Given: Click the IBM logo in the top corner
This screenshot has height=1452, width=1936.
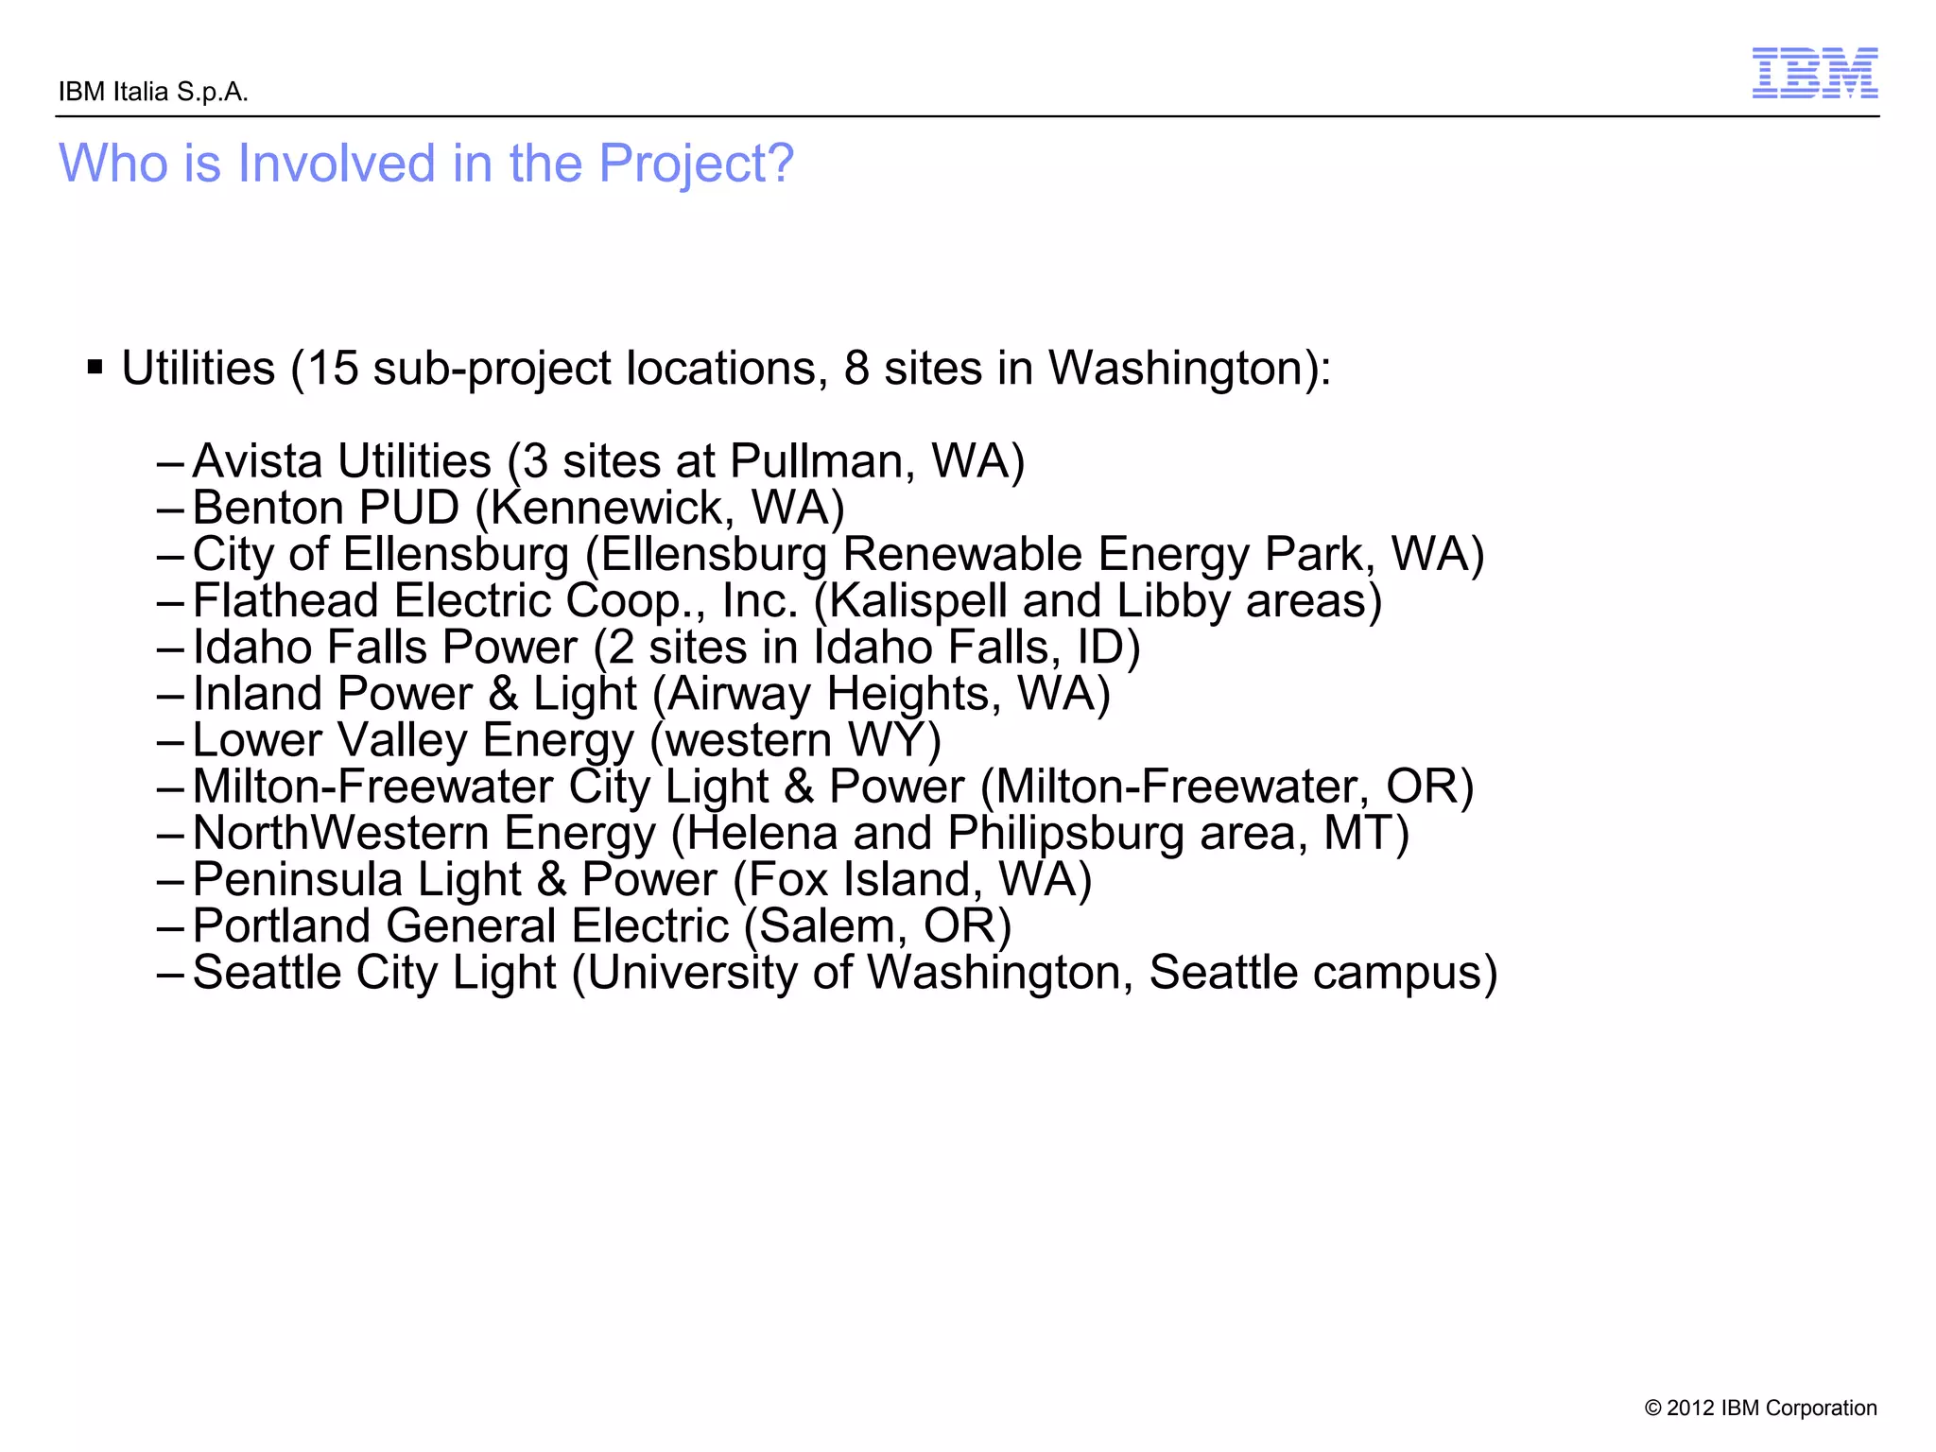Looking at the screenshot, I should pos(1814,74).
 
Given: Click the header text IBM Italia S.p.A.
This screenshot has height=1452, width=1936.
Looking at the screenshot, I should pos(153,93).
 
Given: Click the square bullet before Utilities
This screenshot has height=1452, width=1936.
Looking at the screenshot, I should pos(95,367).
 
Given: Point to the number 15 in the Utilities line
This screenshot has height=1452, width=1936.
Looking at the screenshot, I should pos(333,368).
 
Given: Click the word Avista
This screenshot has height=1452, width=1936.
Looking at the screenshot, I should pos(257,461).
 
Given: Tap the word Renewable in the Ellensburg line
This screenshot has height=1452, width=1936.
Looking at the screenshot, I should pos(961,554).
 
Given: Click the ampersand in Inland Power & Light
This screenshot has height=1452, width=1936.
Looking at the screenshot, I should pos(504,694).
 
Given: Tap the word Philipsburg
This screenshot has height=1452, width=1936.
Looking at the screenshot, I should pos(1065,833).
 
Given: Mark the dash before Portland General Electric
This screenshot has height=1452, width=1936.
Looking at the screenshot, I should pos(170,927).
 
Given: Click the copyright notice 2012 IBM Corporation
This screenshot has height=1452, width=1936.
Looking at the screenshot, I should pos(1760,1408).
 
